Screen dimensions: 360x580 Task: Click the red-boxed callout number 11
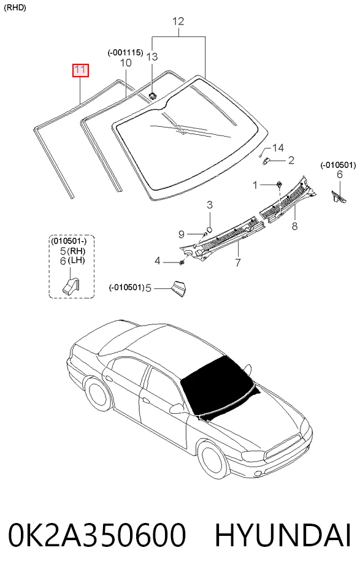(80, 70)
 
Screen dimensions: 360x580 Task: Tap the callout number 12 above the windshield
(178, 21)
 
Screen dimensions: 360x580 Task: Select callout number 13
(151, 56)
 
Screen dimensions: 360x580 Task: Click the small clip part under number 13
(152, 96)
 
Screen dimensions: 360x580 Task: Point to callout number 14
(278, 148)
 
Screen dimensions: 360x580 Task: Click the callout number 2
(291, 160)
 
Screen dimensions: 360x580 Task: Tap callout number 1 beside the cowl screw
(255, 185)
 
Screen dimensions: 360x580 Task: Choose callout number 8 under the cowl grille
(294, 226)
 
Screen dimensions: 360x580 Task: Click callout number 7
(238, 262)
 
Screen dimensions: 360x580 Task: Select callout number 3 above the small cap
(209, 205)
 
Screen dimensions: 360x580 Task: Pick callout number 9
(182, 234)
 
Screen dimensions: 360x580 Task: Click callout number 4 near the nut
(158, 261)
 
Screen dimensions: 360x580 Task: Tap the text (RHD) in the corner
(15, 8)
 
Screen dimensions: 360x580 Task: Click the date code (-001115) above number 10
(126, 53)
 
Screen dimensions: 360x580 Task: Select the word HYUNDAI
(283, 535)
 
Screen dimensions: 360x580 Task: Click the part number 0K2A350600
(97, 535)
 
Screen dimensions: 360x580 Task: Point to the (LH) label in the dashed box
(77, 260)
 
